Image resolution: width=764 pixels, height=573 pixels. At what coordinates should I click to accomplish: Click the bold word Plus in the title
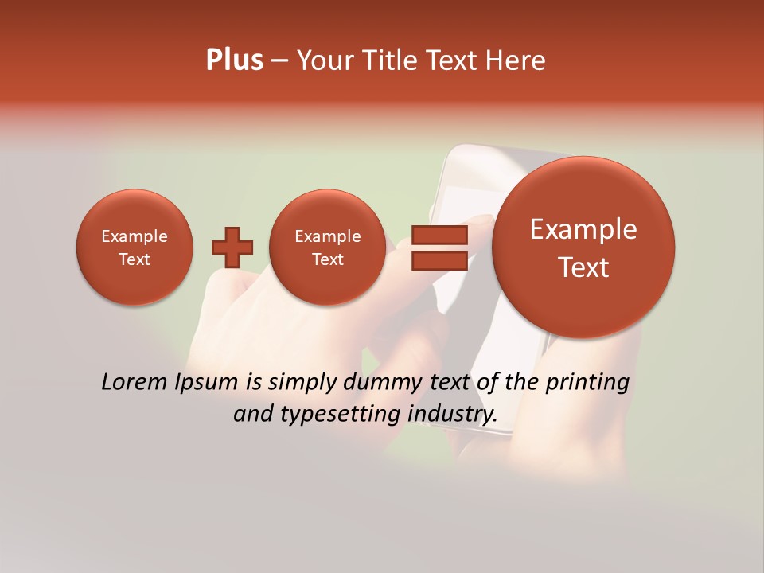tap(234, 60)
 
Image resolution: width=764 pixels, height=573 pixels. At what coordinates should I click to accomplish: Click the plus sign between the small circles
tap(232, 247)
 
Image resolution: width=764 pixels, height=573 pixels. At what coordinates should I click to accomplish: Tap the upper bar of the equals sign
tap(439, 235)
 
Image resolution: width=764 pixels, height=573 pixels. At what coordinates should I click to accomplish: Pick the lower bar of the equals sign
tap(439, 260)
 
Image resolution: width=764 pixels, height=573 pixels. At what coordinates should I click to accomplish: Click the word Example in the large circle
tap(583, 229)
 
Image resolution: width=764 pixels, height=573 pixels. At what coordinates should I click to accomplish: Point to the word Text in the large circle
tap(583, 267)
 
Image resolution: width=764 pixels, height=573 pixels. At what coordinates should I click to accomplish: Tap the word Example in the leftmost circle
tap(134, 236)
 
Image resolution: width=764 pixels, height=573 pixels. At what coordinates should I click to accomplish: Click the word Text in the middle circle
tap(327, 259)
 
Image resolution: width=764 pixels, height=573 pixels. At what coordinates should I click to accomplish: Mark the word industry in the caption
tap(452, 414)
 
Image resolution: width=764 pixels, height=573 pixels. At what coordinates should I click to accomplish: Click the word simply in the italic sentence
tap(300, 382)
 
